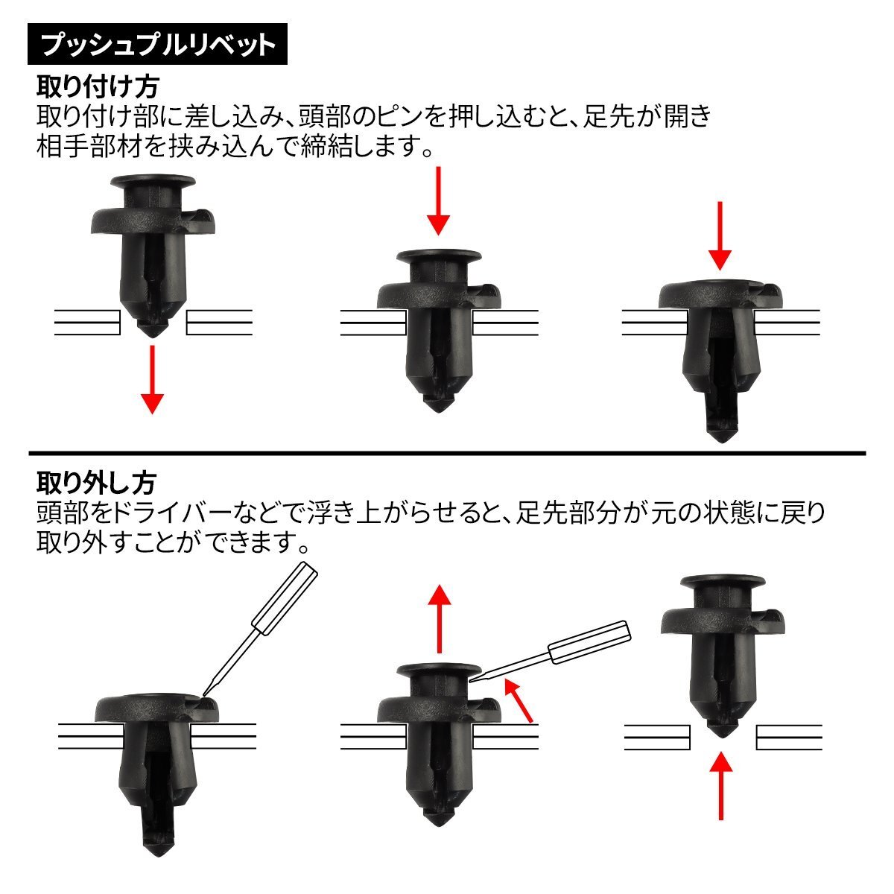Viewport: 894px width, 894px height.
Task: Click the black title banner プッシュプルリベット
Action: pos(157,44)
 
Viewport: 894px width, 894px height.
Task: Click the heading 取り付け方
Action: pos(98,86)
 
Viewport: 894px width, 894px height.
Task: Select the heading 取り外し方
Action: pos(97,483)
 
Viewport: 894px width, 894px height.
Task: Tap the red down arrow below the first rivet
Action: pos(152,379)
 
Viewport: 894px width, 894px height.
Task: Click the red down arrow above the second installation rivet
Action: pos(438,201)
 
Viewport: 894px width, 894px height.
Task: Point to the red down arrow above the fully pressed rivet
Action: pos(720,235)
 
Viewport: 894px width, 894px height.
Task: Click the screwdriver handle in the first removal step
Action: pos(285,598)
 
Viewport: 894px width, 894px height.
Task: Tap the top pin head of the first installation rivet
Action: pos(153,181)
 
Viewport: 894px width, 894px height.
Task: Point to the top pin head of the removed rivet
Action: pos(723,582)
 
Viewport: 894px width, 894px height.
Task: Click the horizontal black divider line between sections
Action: pos(447,453)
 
